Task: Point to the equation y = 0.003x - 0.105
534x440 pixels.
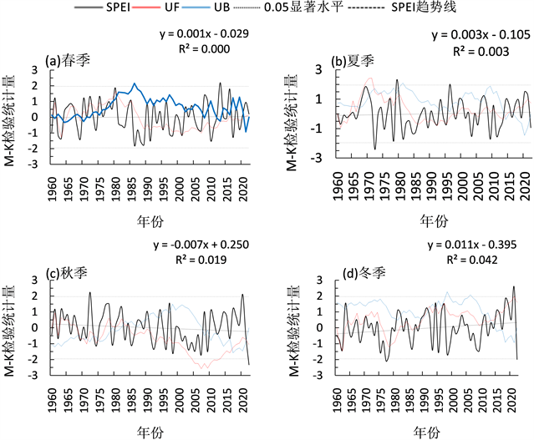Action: pos(476,36)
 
